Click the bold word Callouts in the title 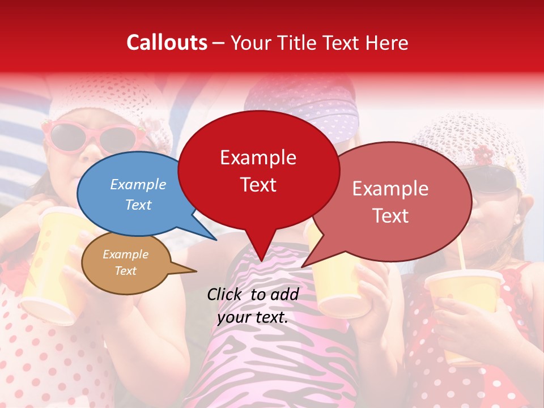tap(167, 42)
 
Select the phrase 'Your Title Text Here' tap(320, 42)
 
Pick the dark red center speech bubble tap(258, 170)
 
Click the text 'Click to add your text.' tap(253, 305)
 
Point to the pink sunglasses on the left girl tap(91, 136)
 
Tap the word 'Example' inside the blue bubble tap(138, 184)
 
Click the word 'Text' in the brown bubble tap(126, 271)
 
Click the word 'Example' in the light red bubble tap(390, 189)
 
